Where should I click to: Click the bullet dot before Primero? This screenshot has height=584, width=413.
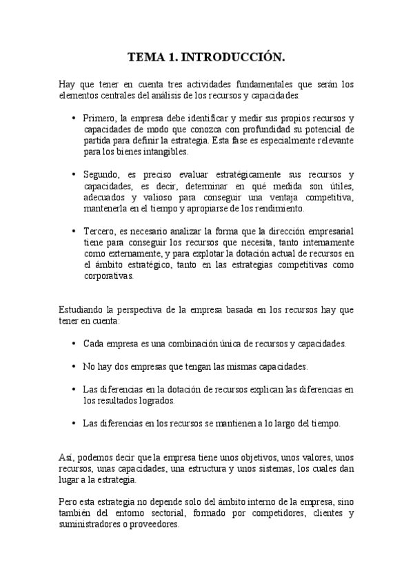tap(74, 118)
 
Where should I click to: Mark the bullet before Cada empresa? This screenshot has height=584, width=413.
tap(74, 343)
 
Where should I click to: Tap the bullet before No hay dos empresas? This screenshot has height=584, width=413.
tap(74, 366)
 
